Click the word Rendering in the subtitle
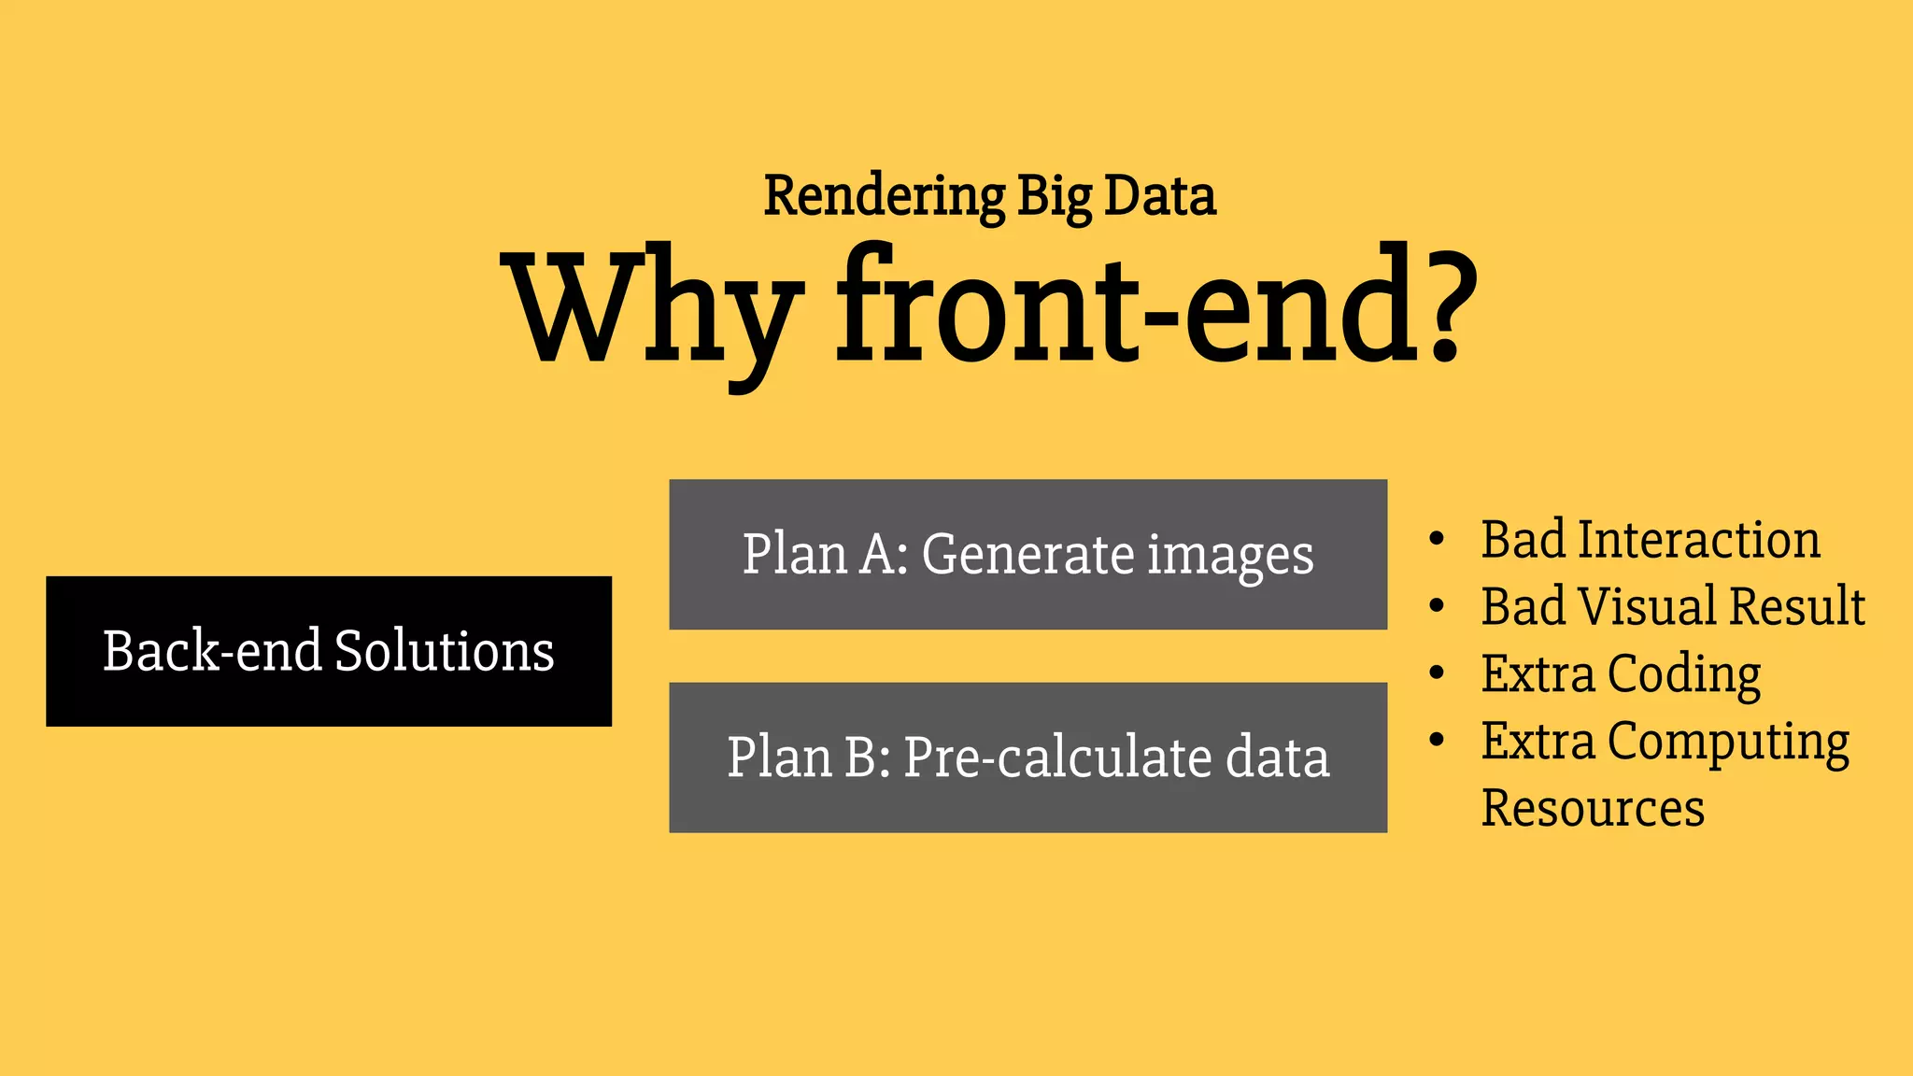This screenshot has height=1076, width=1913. click(884, 197)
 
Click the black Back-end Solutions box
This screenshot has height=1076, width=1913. click(329, 651)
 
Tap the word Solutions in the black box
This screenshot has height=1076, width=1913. click(444, 651)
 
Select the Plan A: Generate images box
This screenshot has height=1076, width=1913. click(1027, 555)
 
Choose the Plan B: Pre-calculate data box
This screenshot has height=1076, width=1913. click(1027, 757)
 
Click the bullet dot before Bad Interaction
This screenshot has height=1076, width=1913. click(1437, 540)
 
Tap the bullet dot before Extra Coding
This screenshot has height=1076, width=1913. click(1437, 673)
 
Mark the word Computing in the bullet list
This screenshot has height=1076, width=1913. click(1728, 743)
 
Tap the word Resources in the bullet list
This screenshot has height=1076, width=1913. click(1593, 808)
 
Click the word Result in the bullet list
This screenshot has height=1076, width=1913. click(1797, 606)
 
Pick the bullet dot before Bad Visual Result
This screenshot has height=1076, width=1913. click(1437, 606)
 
